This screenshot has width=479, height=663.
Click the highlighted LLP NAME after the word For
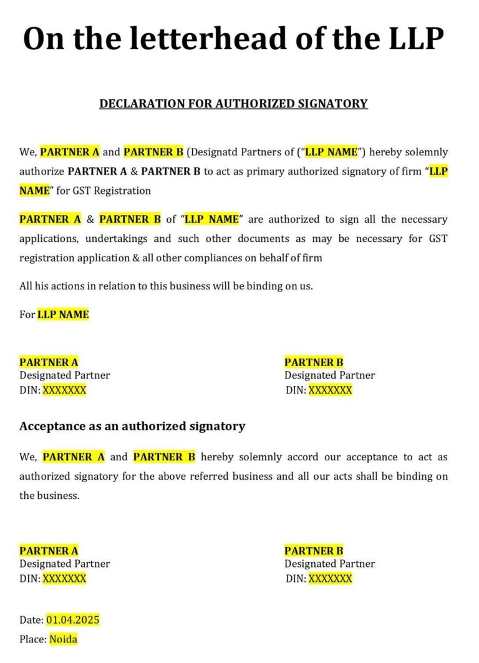click(63, 314)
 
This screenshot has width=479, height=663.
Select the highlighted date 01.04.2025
click(72, 620)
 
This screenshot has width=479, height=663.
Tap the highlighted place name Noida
click(63, 639)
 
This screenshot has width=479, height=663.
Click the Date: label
click(32, 620)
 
